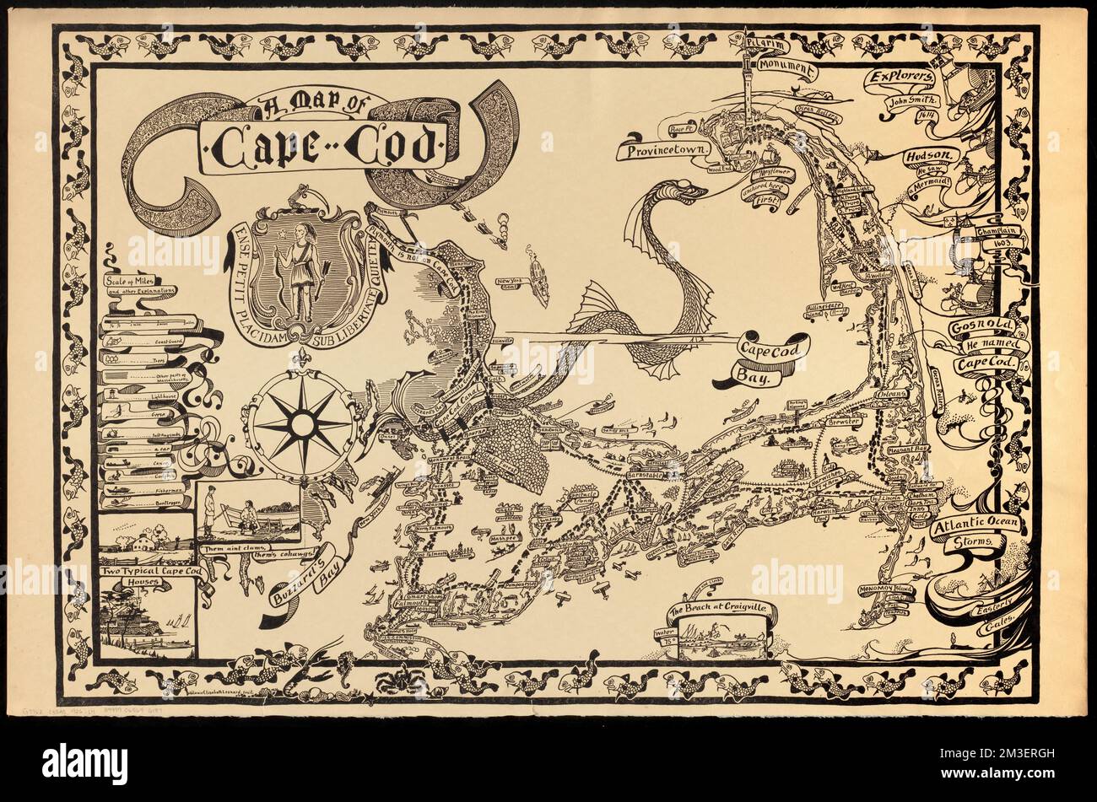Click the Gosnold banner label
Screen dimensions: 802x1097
977,328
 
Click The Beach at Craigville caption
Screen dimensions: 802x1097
720,611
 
